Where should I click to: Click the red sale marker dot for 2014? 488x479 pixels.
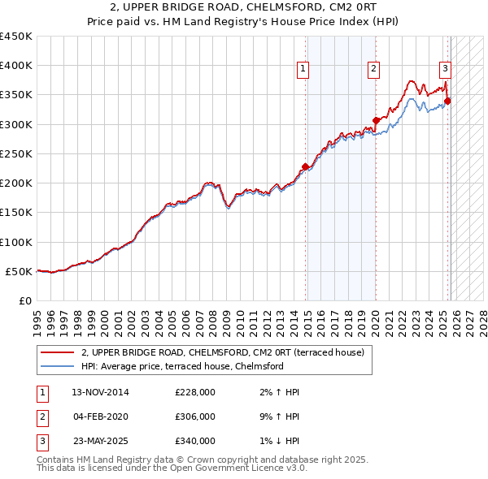pos(306,166)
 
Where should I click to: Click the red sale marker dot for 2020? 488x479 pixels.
pos(376,121)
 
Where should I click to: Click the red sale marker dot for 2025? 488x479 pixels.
pos(447,101)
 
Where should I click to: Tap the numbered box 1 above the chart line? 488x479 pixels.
pos(303,69)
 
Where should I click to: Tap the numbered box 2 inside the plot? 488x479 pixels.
pos(373,69)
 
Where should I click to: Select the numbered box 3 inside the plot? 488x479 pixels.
pos(446,69)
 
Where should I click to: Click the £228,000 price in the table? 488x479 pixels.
pos(194,392)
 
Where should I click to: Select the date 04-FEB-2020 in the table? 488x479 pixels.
pos(100,416)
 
